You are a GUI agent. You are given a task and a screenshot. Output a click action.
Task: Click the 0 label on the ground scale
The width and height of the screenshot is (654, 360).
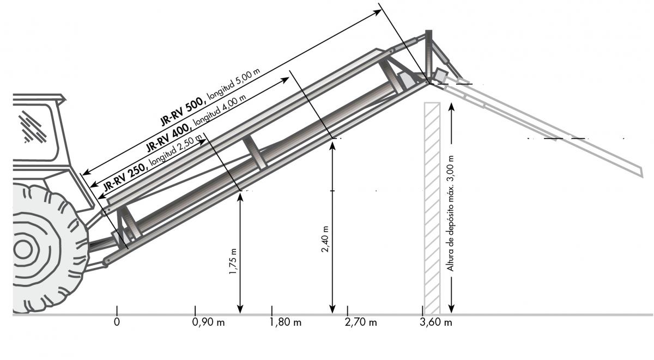[x=117, y=322]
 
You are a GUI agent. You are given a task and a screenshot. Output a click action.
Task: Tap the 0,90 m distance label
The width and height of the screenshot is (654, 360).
[x=208, y=322]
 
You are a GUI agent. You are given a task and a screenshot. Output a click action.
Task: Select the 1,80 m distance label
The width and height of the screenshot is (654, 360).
[x=285, y=322]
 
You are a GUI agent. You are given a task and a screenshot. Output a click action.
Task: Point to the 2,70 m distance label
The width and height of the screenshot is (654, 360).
[x=361, y=322]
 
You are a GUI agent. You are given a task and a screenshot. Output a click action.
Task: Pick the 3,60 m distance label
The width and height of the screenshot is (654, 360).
[x=436, y=322]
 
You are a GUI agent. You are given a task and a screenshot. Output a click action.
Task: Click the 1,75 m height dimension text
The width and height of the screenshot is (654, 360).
[x=233, y=261]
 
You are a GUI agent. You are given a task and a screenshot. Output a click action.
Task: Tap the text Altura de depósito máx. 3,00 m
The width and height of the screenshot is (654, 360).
[x=451, y=213]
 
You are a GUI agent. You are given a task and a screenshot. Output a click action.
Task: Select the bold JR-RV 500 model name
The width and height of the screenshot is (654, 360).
[x=182, y=112]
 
